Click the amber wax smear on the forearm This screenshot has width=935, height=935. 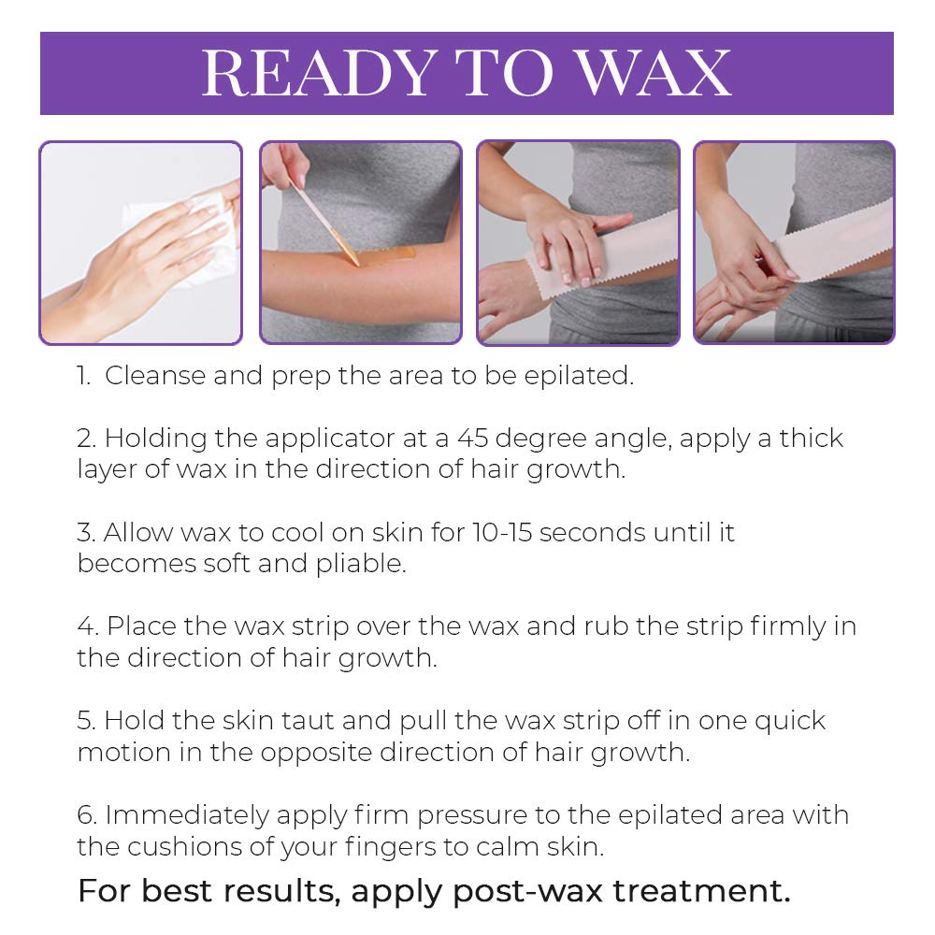click(383, 254)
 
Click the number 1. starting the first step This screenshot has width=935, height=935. click(85, 376)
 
